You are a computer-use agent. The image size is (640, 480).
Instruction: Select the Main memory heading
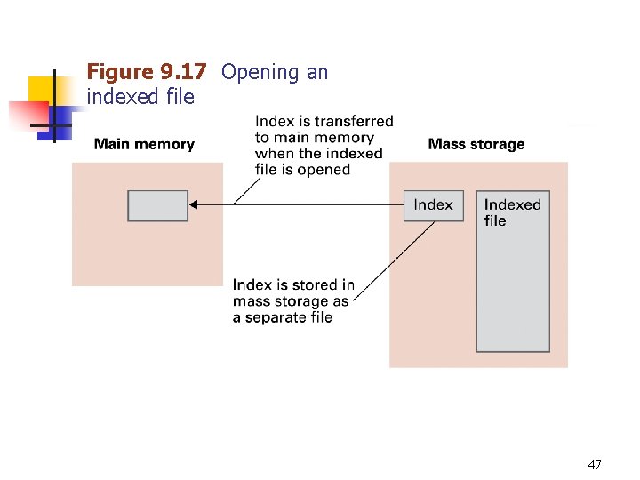click(144, 144)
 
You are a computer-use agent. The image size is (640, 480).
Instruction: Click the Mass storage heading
click(476, 144)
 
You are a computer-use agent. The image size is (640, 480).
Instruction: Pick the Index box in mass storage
click(433, 205)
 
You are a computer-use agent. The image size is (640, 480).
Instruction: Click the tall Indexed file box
click(514, 284)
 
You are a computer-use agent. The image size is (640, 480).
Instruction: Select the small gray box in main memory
click(158, 205)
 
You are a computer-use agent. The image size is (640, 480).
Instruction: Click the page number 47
click(595, 465)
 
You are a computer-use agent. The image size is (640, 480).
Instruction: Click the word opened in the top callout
click(324, 170)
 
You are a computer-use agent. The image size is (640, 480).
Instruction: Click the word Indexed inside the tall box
click(512, 205)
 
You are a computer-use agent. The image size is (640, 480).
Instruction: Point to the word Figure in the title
click(120, 73)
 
